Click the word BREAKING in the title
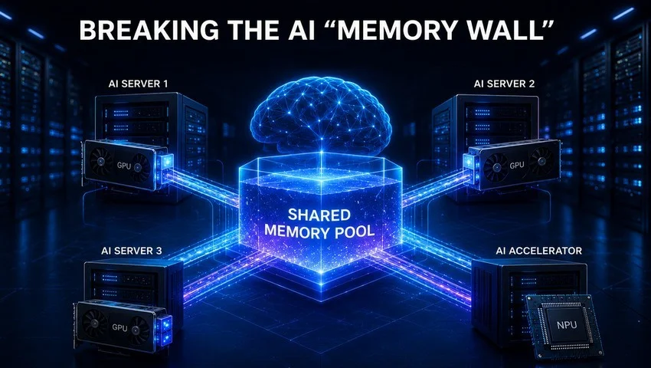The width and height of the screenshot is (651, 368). point(149,30)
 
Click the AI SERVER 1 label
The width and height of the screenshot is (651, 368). point(138,84)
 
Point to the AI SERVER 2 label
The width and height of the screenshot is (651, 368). point(504,84)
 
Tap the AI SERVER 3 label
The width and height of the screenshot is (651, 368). point(132,251)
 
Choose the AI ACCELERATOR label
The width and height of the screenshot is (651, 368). point(538,251)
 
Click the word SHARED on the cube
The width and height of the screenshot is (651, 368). point(319,215)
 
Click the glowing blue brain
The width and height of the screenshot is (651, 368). point(320,114)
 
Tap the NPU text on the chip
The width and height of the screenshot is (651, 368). point(567,324)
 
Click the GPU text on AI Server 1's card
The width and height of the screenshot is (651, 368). point(124,165)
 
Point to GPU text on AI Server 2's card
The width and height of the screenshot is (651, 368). point(516,165)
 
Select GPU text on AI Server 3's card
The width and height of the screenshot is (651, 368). point(119,327)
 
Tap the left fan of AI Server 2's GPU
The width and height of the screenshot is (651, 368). point(496,166)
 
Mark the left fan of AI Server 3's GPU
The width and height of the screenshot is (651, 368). point(95,322)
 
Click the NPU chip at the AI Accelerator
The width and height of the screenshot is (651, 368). point(564,326)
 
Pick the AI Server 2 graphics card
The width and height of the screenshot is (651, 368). point(512,165)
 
